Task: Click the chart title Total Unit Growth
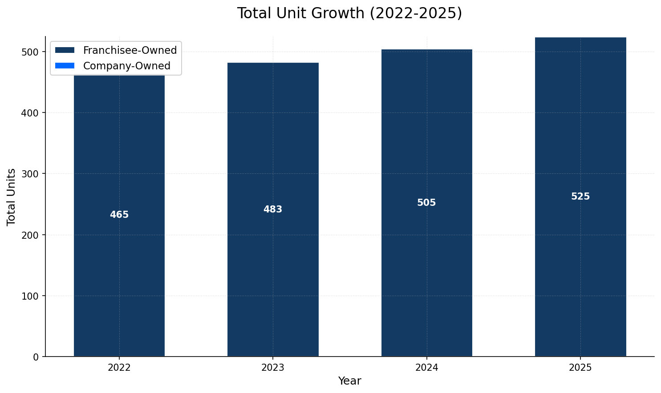(349, 13)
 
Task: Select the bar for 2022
(119, 267)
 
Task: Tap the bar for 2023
(273, 267)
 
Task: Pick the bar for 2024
(426, 267)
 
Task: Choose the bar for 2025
(580, 267)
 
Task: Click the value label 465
(119, 215)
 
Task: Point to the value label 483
(273, 209)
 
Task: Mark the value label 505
(426, 203)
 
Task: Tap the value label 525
(580, 196)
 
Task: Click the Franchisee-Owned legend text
(130, 50)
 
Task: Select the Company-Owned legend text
(127, 66)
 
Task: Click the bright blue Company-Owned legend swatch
(65, 66)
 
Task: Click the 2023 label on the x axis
(273, 368)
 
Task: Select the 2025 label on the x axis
(580, 368)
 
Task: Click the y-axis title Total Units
(12, 197)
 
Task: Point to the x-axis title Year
(349, 381)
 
